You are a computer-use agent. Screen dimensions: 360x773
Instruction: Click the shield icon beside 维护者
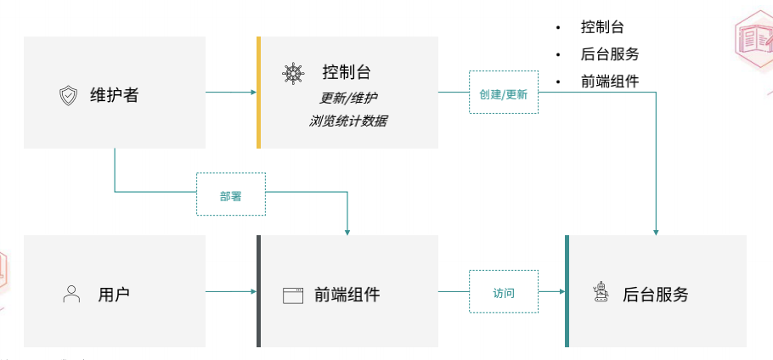[x=68, y=95]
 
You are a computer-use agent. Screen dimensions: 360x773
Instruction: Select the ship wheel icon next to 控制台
[x=293, y=73]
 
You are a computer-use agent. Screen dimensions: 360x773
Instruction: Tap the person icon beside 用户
[x=71, y=295]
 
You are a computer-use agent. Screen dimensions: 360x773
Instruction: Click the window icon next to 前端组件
[x=293, y=295]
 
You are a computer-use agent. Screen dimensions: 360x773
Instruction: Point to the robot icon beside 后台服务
[x=601, y=294]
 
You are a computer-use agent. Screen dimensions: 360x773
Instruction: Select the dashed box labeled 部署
[x=231, y=195]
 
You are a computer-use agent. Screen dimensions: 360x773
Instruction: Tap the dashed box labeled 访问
[x=504, y=293]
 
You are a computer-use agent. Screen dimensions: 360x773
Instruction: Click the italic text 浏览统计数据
[x=348, y=121]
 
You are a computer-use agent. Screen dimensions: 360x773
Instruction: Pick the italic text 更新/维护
[x=347, y=96]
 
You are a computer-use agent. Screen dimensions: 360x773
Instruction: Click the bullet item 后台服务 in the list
[x=610, y=54]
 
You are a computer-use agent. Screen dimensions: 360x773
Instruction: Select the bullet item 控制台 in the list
[x=603, y=27]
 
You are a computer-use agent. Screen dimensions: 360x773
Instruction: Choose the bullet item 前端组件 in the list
[x=610, y=82]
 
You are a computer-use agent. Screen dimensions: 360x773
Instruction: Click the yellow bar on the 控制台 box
[x=258, y=93]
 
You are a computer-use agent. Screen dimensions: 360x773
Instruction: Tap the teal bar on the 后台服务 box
[x=567, y=291]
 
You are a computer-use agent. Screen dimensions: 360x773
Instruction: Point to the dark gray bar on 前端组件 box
[x=258, y=291]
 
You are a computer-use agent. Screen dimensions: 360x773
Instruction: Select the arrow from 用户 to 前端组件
[x=231, y=292]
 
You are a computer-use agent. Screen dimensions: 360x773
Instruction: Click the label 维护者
[x=114, y=95]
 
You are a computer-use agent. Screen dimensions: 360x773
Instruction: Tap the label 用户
[x=114, y=295]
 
